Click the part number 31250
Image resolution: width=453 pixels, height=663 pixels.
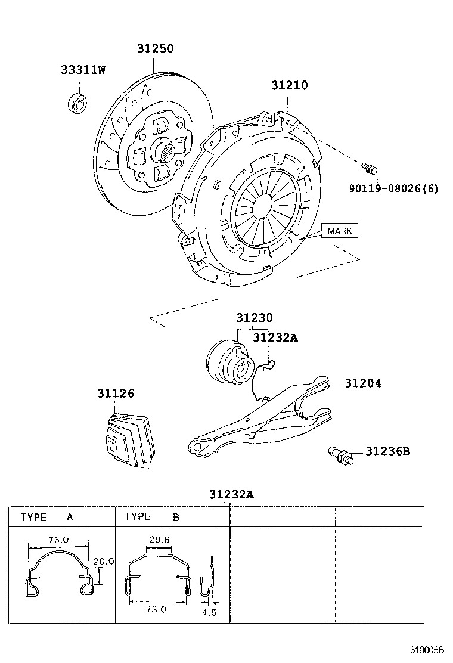point(155,49)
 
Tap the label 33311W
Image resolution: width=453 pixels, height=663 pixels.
point(83,70)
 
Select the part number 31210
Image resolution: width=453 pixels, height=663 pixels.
point(290,85)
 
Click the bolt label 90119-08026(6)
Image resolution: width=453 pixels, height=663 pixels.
point(393,188)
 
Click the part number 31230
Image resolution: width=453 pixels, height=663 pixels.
point(255,318)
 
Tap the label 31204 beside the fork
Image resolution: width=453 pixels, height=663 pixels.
point(362,383)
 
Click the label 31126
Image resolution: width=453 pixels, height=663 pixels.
point(116,394)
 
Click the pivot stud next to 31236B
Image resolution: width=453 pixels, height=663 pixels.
point(341,456)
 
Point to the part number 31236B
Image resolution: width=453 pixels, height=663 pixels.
point(387,451)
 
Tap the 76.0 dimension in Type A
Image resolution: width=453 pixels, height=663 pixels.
point(58,539)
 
